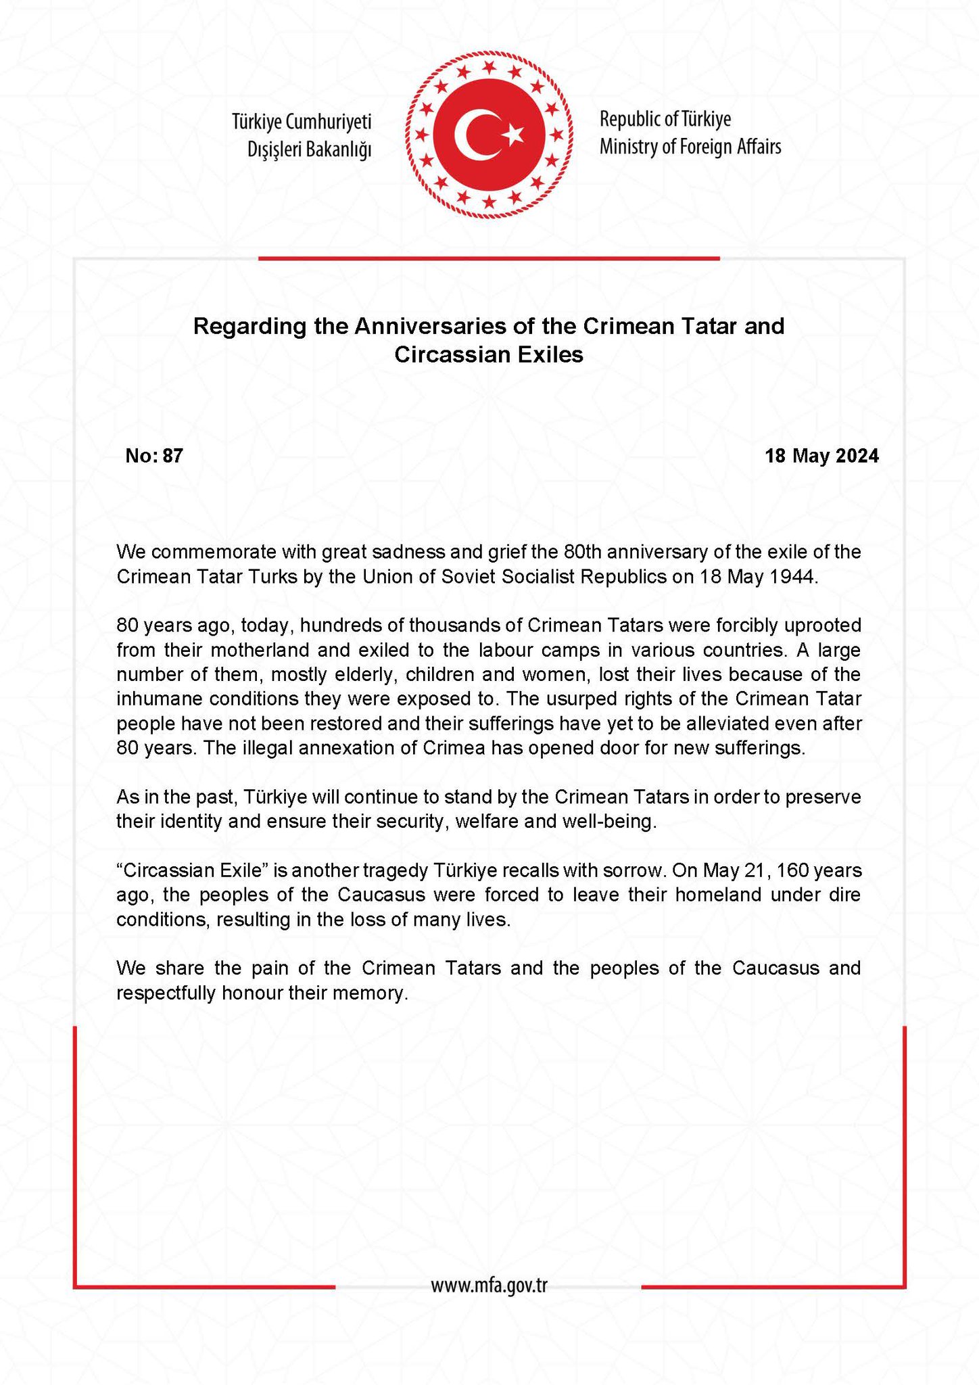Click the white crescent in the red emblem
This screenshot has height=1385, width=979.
(x=471, y=135)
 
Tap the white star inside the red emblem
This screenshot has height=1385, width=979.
(x=513, y=134)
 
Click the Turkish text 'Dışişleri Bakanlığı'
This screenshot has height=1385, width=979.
(x=310, y=149)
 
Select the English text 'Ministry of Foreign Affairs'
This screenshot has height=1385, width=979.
(x=690, y=147)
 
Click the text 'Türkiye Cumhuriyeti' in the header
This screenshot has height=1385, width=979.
(x=302, y=122)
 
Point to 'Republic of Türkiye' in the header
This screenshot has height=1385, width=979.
(x=665, y=120)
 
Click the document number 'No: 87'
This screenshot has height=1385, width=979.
(x=154, y=456)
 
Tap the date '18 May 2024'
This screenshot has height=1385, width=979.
(x=821, y=456)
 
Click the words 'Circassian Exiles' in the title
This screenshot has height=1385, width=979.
(x=489, y=354)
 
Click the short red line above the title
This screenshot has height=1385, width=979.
(x=489, y=258)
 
